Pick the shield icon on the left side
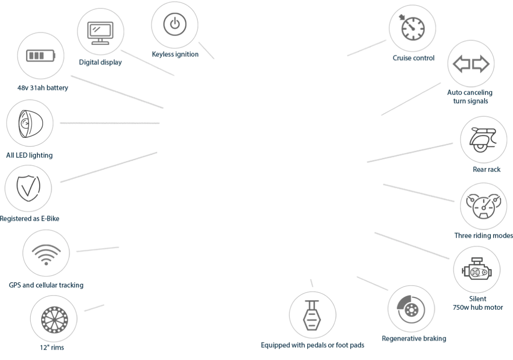(x=27, y=188)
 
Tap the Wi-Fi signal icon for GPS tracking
(x=47, y=252)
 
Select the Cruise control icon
(x=411, y=27)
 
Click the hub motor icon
(x=477, y=270)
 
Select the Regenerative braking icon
(x=411, y=308)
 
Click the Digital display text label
(x=100, y=63)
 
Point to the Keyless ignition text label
(x=176, y=54)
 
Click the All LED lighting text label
(x=28, y=155)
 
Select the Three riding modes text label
(x=483, y=235)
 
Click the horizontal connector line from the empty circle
(x=109, y=123)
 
